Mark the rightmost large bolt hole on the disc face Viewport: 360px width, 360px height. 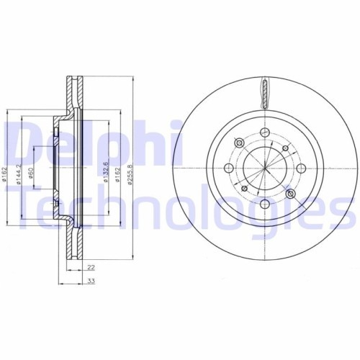[x=301, y=168]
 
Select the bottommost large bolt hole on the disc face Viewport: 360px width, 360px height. [x=264, y=205]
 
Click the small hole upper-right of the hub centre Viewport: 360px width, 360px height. [x=286, y=148]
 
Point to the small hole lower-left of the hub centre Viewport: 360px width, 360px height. [x=244, y=189]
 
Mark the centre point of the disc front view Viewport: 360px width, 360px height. [x=264, y=168]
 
